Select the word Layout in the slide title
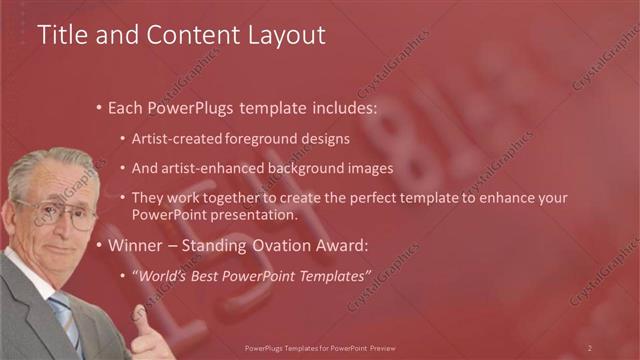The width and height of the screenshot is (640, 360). (290, 35)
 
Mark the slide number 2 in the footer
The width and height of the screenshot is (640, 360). (590, 347)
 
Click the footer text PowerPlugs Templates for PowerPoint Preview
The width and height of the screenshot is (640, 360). (319, 347)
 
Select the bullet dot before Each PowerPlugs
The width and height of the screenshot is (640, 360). (98, 107)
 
